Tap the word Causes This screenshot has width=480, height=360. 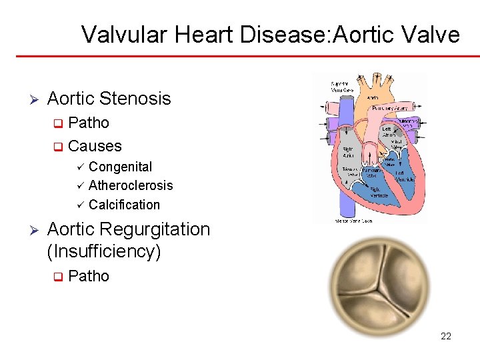point(95,145)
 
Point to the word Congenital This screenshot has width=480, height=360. point(120,167)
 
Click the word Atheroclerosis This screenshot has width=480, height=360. point(131,185)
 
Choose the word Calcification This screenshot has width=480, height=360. point(124,205)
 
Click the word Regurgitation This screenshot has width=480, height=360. point(155,229)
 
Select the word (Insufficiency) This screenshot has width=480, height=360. point(104,251)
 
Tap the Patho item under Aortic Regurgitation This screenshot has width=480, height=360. point(89,276)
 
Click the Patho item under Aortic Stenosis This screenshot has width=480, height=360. point(89,123)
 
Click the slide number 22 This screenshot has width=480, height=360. point(446,336)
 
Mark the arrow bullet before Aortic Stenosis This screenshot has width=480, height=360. point(35,99)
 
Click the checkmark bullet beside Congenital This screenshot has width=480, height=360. point(80,167)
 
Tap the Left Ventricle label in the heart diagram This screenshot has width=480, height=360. point(405,176)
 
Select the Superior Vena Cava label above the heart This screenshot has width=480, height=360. point(341,87)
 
